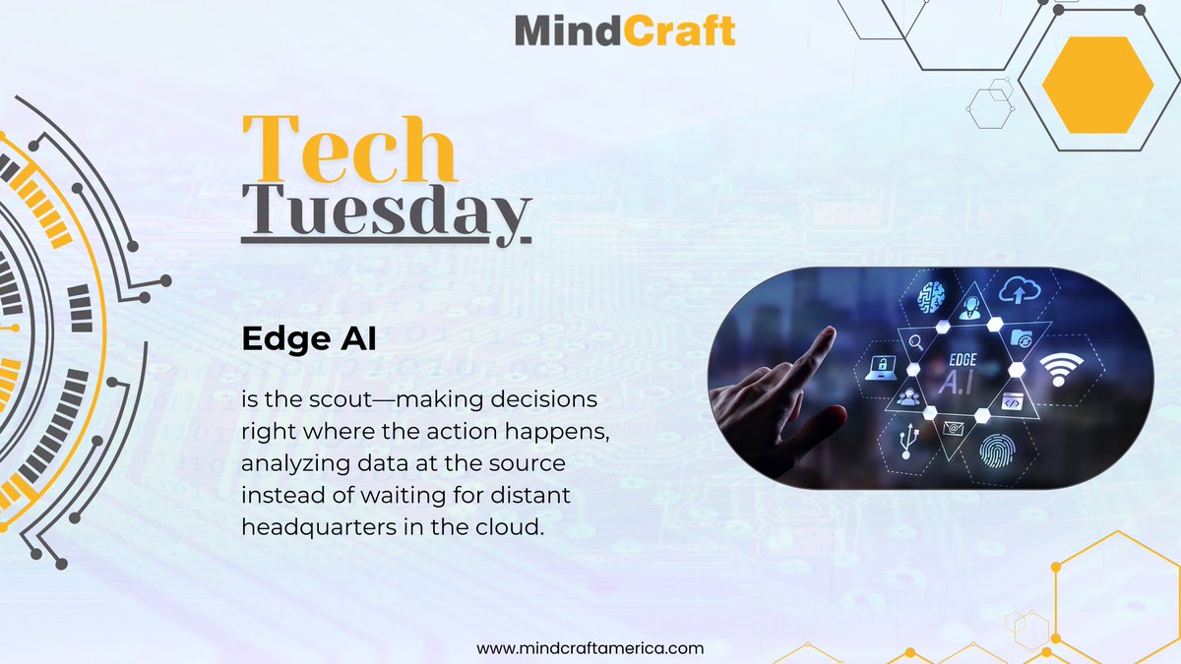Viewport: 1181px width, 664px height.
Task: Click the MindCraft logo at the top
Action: click(624, 30)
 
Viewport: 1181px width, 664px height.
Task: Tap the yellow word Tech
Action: click(349, 151)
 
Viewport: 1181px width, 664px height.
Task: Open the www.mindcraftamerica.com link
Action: click(590, 648)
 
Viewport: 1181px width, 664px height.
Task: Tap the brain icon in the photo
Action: click(932, 296)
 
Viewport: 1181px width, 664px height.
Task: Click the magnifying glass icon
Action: click(915, 343)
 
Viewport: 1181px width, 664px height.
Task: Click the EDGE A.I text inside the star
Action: click(962, 371)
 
